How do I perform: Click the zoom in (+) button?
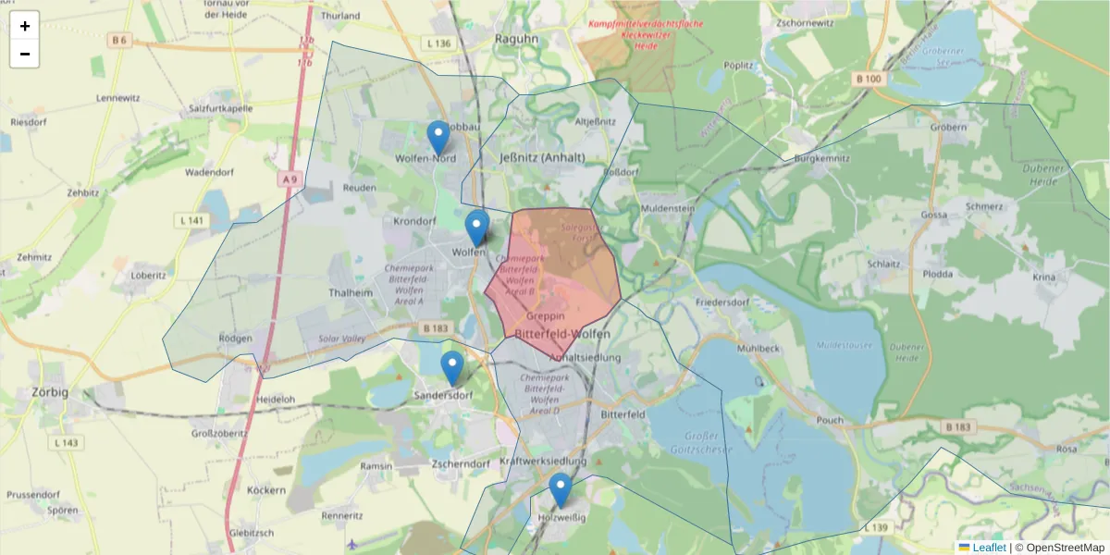click(x=25, y=26)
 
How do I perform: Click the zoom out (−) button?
click(x=25, y=54)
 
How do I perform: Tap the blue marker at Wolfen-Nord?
click(x=438, y=138)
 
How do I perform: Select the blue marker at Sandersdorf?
click(x=451, y=368)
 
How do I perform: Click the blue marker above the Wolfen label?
click(x=476, y=228)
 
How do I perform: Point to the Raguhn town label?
click(x=517, y=40)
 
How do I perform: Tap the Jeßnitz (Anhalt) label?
click(x=542, y=157)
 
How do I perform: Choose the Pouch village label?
click(x=830, y=420)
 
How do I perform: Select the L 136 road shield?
click(x=439, y=43)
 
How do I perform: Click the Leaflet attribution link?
click(x=990, y=548)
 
